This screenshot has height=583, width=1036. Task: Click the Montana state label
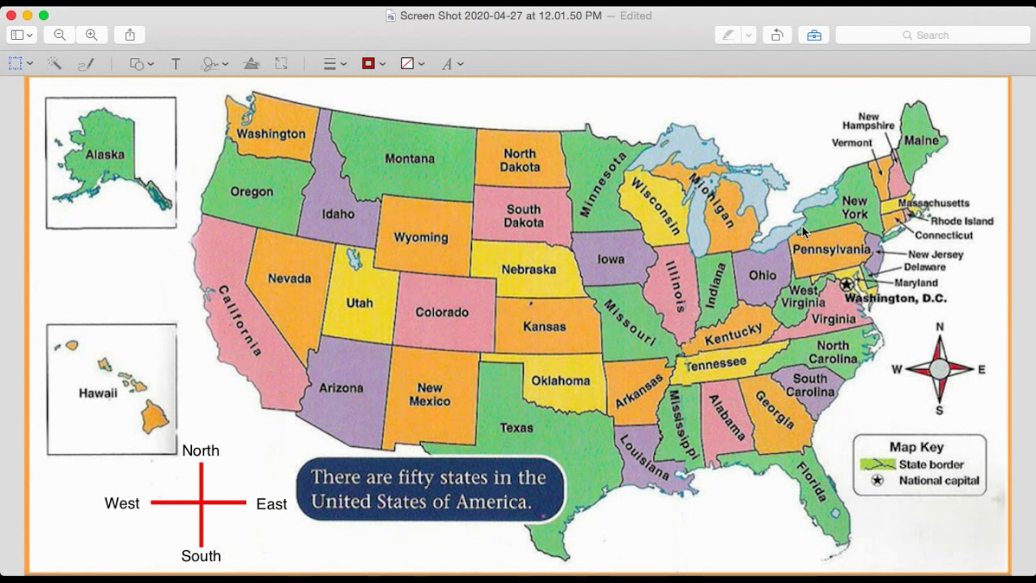(x=410, y=159)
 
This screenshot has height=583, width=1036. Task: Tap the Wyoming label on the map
(x=421, y=237)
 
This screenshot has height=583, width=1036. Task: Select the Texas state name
(x=516, y=428)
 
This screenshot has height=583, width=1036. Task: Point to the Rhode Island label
(x=962, y=220)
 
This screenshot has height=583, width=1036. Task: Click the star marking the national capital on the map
(x=847, y=284)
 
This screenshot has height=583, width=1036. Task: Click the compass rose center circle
(x=939, y=369)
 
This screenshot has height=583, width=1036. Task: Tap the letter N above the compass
(x=940, y=327)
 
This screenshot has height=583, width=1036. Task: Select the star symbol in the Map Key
(x=877, y=480)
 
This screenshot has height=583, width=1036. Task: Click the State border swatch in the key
(x=877, y=465)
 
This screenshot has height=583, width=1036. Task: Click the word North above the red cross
(x=201, y=451)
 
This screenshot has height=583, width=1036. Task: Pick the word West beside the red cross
(x=122, y=504)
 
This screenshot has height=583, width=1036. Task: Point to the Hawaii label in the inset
(x=98, y=394)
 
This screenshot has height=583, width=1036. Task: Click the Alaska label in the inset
(x=105, y=155)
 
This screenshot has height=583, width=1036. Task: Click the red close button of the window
(x=11, y=15)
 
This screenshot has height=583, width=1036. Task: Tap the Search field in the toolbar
(x=932, y=35)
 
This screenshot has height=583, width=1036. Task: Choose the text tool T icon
(x=176, y=64)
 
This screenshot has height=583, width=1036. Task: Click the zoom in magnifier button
(x=91, y=35)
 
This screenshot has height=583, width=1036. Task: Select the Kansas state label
(x=545, y=326)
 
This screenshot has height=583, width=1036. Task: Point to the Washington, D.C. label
(x=895, y=298)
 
